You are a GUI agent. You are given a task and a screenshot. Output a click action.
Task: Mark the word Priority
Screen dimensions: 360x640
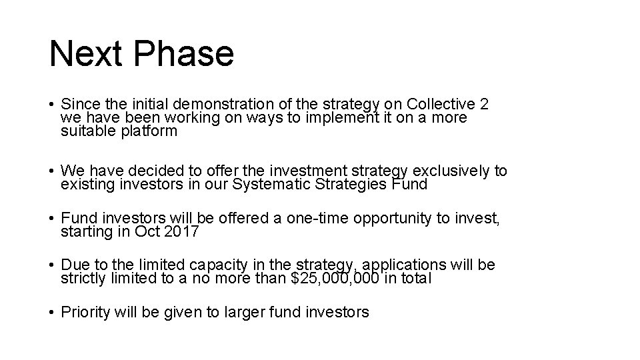[x=86, y=312]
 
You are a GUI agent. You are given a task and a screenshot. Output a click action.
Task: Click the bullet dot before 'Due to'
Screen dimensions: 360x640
[x=52, y=265]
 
